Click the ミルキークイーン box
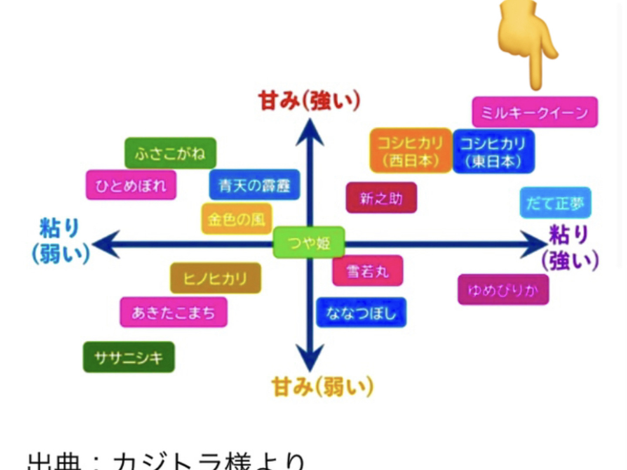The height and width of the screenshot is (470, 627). tap(535, 112)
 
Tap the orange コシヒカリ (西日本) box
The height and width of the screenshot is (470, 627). tap(411, 151)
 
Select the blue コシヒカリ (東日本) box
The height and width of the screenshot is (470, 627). tap(493, 151)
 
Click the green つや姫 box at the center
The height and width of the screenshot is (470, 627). tap(309, 242)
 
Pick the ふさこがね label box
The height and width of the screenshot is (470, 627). tap(170, 153)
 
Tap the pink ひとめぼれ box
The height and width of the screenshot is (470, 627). tap(131, 185)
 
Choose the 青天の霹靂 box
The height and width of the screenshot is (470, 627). tap(254, 185)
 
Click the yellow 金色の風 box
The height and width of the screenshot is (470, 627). tap(236, 218)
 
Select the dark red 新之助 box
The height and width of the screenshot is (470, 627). tap(381, 198)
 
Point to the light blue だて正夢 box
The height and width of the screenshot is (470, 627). tap(555, 203)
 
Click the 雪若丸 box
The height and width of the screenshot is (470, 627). tap(367, 271)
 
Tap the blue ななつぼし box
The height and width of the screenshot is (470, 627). tap(361, 312)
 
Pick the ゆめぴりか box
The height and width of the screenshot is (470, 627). tap(503, 290)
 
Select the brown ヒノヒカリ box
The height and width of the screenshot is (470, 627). tap(216, 278)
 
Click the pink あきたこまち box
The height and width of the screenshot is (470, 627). tap(173, 312)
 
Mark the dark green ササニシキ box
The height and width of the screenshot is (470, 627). tap(129, 357)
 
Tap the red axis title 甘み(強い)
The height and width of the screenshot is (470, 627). tap(309, 101)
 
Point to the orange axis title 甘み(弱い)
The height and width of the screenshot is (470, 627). tap(322, 386)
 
